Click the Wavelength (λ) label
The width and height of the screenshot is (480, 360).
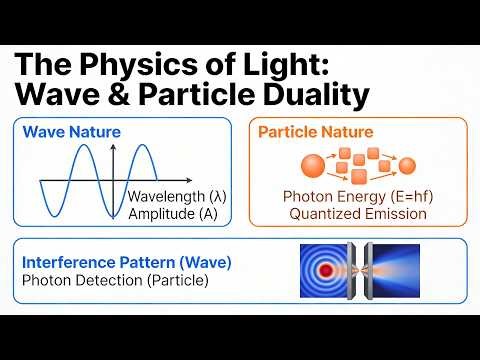coord(178,196)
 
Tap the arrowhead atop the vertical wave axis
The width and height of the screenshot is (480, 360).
coord(115,148)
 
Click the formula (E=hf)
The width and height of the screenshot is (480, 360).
coord(398,196)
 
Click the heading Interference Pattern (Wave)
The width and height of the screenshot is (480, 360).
coord(126,263)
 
